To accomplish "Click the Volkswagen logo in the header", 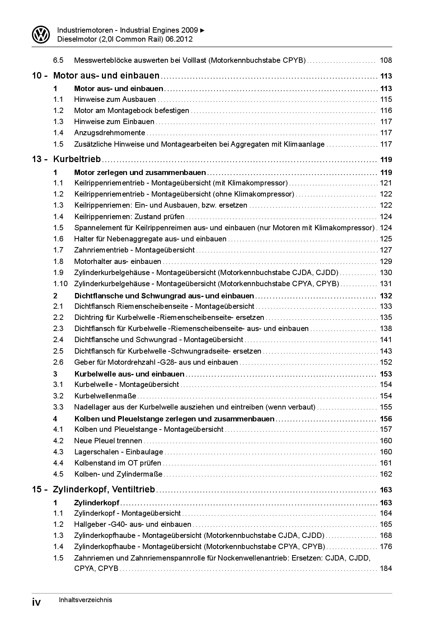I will point(41,35).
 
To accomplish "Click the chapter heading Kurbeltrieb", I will point(77,159).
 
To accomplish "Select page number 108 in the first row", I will point(386,60).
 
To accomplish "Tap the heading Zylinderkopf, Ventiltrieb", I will point(104,490).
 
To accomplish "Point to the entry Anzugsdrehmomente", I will point(109,133).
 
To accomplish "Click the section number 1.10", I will point(60,284).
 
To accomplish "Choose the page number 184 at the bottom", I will point(386,568).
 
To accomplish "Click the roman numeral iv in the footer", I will point(36,602).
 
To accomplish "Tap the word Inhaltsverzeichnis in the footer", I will point(85,600).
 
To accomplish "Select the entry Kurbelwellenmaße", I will point(105,396).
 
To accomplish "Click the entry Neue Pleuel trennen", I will point(108,441).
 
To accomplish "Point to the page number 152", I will point(386,362).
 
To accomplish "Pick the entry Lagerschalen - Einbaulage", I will point(118,452).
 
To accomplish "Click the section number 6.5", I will point(58,60).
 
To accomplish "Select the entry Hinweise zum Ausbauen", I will point(115,99).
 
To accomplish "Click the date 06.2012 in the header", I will point(179,39).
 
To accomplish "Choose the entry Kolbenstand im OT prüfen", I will point(117,463).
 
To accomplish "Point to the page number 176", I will point(386,547).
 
